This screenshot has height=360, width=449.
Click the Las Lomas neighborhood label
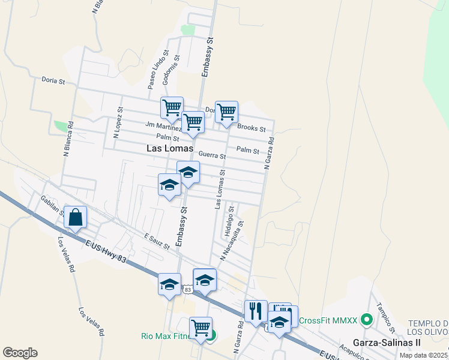(170, 148)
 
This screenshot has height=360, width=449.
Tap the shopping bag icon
(76, 218)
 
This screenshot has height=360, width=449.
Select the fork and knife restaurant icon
(255, 311)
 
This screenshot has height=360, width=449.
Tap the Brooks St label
(252, 128)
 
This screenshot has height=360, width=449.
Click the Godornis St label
(176, 71)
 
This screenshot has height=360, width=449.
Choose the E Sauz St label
(157, 241)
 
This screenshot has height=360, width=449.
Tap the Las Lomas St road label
(220, 188)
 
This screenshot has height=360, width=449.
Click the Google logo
(20, 353)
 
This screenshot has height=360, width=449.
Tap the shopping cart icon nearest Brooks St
(226, 112)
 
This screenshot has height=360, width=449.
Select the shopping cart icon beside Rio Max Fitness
(200, 328)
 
